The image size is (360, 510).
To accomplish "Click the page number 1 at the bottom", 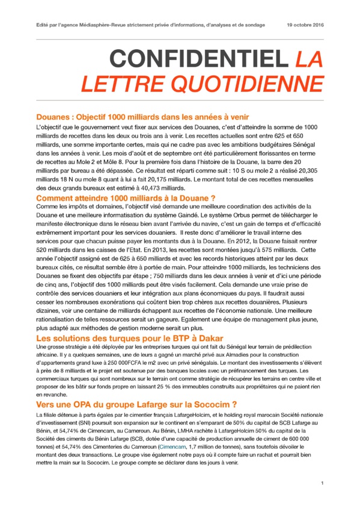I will [322, 483].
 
